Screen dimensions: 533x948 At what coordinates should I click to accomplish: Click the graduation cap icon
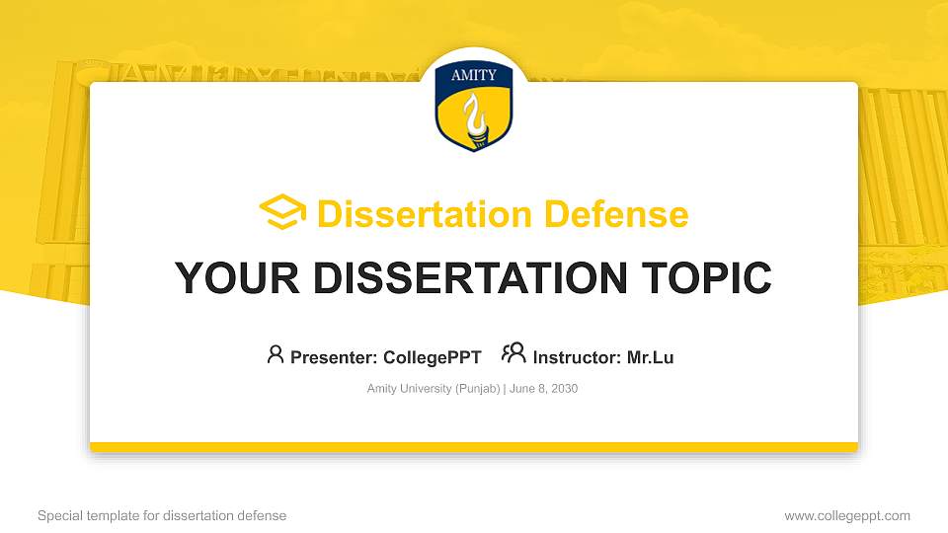coord(282,213)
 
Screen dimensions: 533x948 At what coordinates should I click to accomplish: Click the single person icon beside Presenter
coord(276,354)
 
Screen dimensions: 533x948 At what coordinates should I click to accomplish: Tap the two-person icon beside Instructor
coord(513,353)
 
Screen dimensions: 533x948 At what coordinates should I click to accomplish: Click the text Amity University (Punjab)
coord(434,389)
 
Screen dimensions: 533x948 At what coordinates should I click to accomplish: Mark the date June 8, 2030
coord(543,389)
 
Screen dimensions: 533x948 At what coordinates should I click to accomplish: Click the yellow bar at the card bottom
coord(474,447)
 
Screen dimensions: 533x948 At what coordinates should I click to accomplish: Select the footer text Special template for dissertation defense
coord(162,515)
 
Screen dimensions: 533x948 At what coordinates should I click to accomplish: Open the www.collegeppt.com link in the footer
coord(847,515)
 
